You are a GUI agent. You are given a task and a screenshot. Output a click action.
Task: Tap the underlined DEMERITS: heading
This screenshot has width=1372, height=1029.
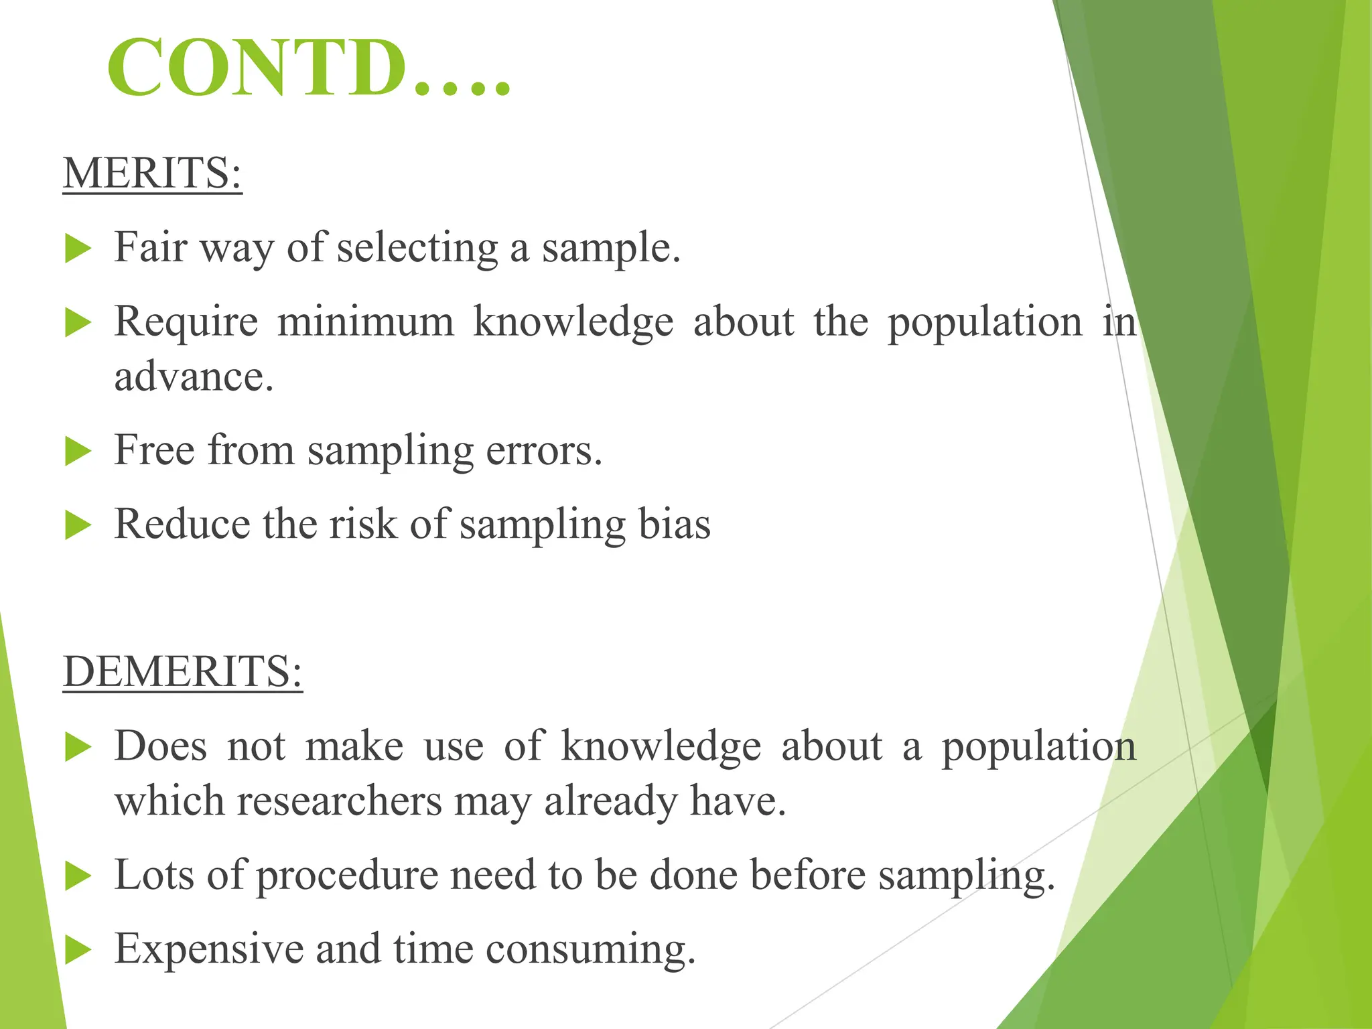coord(182,671)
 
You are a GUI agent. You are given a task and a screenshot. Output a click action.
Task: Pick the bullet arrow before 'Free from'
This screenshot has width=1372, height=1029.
coord(78,452)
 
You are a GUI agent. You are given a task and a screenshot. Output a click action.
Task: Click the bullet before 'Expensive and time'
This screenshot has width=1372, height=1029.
coord(78,951)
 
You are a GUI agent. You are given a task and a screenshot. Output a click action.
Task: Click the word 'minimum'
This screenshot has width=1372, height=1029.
coord(365,322)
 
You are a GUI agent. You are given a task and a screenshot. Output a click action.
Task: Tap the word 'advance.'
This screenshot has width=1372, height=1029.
coord(194,376)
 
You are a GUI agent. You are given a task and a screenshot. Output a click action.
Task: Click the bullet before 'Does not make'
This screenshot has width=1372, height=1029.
coord(78,748)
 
